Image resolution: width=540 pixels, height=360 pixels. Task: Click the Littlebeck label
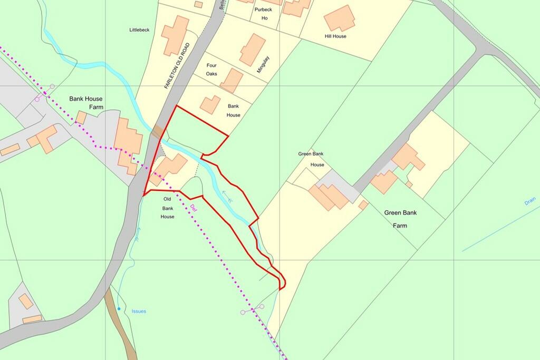140,30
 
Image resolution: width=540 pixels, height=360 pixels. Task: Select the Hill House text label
335,36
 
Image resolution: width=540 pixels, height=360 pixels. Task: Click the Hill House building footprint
339,18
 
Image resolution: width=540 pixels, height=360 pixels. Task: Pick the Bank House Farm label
86,103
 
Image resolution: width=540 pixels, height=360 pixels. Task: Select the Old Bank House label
167,208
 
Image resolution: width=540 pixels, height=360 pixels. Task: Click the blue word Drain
530,202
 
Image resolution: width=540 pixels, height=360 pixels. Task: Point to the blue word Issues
139,312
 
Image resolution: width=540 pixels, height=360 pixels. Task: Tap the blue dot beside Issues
119,308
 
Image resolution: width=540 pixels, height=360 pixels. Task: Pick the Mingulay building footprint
253,50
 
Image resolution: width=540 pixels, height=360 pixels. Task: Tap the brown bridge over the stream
157,132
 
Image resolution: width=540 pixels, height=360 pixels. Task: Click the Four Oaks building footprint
231,81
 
